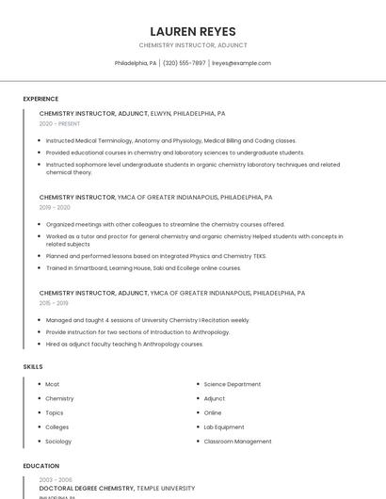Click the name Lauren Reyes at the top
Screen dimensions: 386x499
pos(193,31)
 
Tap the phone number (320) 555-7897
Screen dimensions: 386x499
pos(184,63)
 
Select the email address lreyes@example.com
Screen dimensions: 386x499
pos(241,63)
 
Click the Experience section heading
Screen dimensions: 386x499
pos(40,99)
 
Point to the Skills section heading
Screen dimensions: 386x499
pos(33,366)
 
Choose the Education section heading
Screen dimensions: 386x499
pos(40,466)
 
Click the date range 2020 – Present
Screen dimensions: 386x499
pos(59,123)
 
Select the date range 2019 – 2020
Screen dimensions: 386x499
pos(55,207)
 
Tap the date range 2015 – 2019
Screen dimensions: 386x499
pos(54,303)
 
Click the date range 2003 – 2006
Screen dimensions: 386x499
pos(55,479)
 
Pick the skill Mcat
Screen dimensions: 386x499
pos(53,384)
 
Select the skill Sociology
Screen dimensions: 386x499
pos(58,441)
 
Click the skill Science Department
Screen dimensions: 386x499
pos(233,384)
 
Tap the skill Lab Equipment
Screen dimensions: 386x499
pos(224,427)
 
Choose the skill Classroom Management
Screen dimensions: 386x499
pos(237,441)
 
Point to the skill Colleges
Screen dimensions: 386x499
pos(57,427)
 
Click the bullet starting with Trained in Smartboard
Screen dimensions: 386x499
pos(143,267)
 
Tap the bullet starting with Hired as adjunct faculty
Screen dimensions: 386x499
pos(124,344)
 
